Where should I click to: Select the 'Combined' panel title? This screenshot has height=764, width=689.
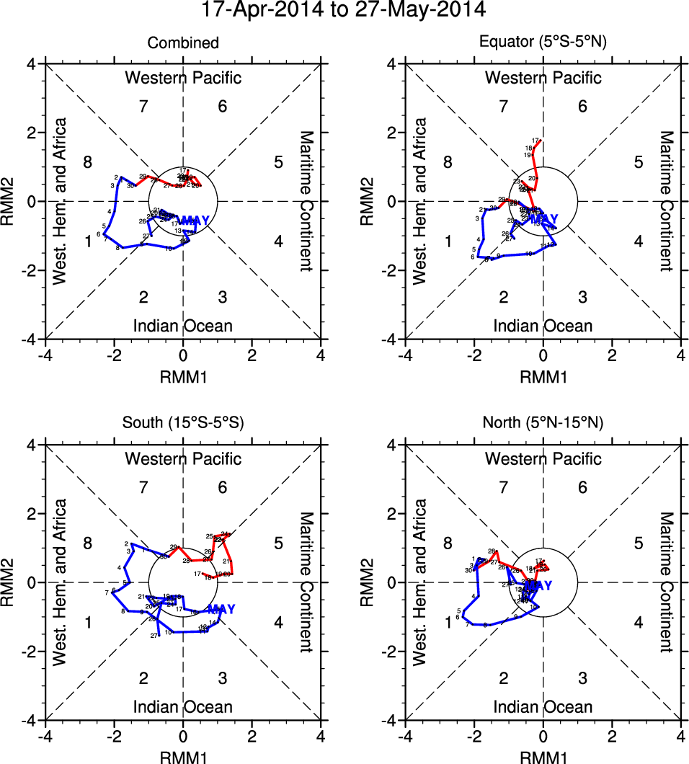tap(183, 43)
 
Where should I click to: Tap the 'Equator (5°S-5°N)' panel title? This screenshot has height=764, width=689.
tap(543, 43)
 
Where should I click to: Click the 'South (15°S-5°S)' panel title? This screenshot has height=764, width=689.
tap(183, 423)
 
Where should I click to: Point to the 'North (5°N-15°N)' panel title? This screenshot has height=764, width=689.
tap(543, 423)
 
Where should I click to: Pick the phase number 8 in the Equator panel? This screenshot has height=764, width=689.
tap(448, 162)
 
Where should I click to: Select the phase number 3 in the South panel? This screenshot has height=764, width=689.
tap(223, 678)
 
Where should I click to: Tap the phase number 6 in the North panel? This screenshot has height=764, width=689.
tap(582, 488)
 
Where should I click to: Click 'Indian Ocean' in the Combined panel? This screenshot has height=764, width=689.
tap(183, 326)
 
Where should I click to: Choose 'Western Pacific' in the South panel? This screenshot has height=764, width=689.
tap(183, 458)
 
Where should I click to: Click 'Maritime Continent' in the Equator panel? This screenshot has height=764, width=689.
tap(666, 201)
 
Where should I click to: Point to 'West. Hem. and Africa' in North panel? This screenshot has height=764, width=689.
tap(420, 582)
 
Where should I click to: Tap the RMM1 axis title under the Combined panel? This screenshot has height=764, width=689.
tap(183, 376)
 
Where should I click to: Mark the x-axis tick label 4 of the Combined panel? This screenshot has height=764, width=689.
tap(321, 355)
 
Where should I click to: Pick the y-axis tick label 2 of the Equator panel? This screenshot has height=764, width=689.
tap(391, 133)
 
